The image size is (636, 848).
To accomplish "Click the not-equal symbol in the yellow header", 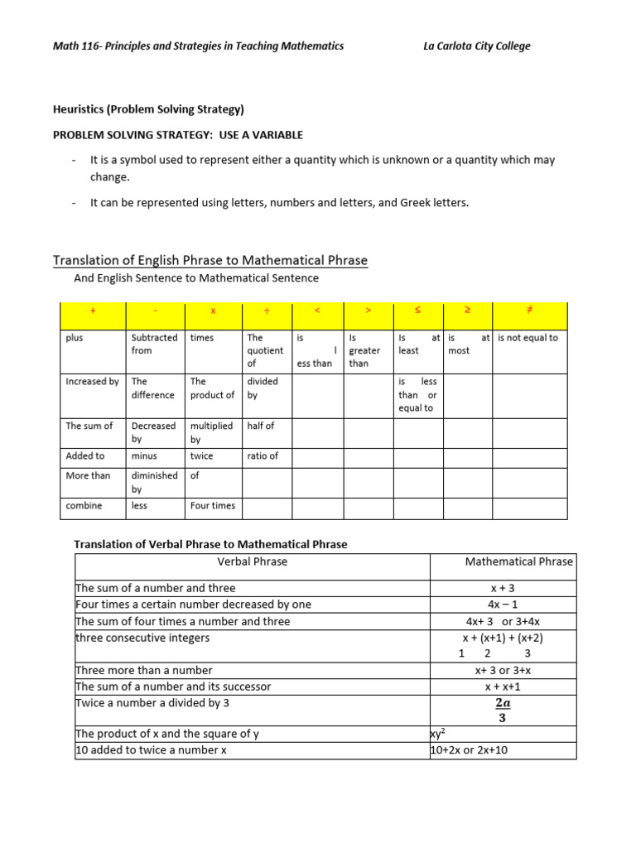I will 529,310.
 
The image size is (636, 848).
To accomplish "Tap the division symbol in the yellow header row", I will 267,310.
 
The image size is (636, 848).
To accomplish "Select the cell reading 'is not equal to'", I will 528,338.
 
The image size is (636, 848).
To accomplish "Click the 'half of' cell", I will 260,426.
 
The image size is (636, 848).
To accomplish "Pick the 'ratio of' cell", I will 263,455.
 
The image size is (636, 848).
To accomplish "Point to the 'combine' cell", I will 83,505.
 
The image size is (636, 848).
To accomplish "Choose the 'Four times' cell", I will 213,505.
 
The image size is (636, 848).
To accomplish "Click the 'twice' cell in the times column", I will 201,455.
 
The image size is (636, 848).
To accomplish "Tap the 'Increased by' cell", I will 92,382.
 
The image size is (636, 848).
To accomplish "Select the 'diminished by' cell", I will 154,482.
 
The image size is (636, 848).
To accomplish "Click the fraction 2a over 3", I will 503,710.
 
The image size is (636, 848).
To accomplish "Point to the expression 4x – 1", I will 503,605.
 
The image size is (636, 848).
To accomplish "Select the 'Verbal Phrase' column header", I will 253,561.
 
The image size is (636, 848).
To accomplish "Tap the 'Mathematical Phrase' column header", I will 518,561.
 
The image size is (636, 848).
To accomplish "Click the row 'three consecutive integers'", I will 142,638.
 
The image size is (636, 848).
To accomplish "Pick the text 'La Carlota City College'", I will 476,46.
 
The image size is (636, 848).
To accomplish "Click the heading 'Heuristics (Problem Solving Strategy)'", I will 148,109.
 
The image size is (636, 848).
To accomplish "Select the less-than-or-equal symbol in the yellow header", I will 417,310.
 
